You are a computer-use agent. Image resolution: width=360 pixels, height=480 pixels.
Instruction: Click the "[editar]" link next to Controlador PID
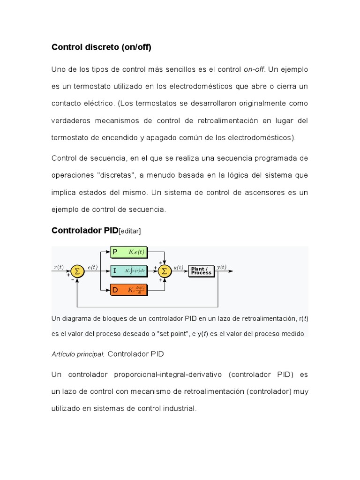130,231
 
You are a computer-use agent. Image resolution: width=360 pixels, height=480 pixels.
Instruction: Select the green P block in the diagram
129,253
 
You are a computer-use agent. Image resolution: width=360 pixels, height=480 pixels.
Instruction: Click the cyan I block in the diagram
129,271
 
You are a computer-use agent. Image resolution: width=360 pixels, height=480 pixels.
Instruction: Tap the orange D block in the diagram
129,290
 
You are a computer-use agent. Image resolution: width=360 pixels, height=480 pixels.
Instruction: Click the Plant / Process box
201,271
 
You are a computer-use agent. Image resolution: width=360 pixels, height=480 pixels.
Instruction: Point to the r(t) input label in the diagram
59,267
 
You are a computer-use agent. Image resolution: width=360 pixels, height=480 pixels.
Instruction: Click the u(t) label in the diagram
178,267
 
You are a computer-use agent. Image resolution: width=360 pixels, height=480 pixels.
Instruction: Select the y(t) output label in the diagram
221,267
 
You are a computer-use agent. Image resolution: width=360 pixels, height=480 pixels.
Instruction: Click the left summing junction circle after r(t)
77,271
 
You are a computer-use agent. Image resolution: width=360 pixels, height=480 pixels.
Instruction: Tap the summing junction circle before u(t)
164,271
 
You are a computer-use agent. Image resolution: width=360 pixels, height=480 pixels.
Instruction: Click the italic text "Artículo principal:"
78,354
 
